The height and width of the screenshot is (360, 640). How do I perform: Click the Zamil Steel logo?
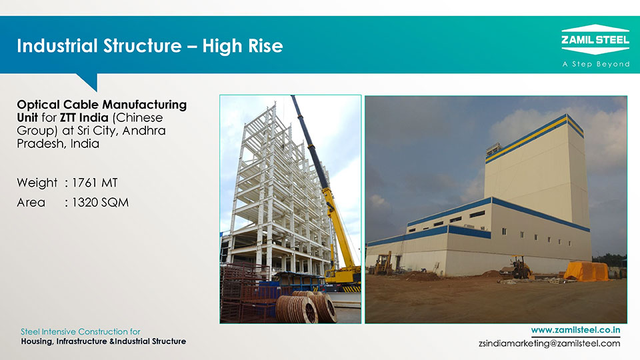(x=595, y=39)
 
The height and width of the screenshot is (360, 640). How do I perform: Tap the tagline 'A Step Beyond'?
(x=596, y=64)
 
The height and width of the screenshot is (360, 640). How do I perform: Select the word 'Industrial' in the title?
(x=57, y=46)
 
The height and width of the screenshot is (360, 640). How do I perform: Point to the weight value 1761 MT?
(x=95, y=183)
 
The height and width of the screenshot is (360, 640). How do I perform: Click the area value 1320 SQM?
(x=100, y=203)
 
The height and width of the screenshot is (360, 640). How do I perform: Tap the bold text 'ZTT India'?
(x=84, y=117)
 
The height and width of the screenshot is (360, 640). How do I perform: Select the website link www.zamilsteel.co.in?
(x=575, y=330)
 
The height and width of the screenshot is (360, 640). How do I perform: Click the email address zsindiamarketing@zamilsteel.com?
(x=549, y=343)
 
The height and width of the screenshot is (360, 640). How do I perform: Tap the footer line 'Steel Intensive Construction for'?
(x=81, y=331)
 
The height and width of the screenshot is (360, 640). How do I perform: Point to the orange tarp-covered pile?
(x=586, y=271)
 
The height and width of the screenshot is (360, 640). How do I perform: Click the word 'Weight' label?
(x=37, y=183)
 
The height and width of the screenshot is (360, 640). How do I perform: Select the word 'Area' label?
(x=31, y=203)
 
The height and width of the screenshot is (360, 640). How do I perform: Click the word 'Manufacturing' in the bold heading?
(x=144, y=105)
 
